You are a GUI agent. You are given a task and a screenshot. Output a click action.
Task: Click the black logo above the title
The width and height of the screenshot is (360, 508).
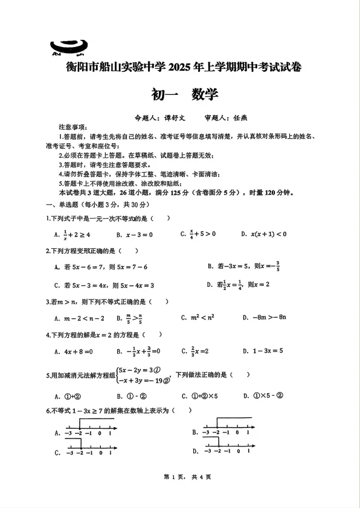(69, 46)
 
